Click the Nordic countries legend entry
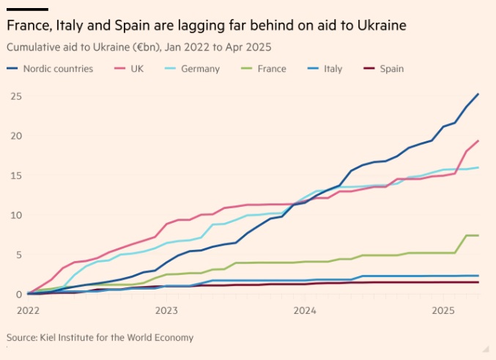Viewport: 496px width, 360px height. click(x=57, y=69)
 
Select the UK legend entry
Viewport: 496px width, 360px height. click(x=136, y=69)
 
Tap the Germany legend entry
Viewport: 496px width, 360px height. click(x=200, y=69)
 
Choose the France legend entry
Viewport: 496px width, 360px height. click(x=272, y=69)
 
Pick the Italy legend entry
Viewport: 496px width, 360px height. click(x=333, y=69)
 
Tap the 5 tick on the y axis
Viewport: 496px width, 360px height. click(x=17, y=255)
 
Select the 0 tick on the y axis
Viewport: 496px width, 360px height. click(x=17, y=295)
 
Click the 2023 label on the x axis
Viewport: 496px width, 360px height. click(x=167, y=310)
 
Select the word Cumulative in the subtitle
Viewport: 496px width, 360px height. click(x=34, y=47)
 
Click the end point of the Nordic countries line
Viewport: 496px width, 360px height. click(x=478, y=94)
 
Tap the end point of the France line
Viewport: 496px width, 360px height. click(x=478, y=235)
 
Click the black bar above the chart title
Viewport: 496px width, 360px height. click(x=27, y=9)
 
